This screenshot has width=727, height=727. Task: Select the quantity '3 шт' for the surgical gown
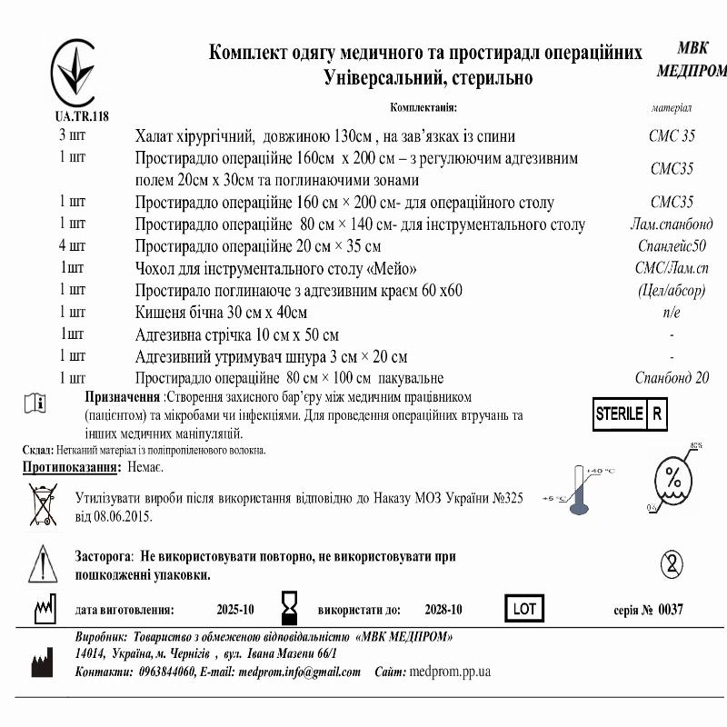(x=73, y=135)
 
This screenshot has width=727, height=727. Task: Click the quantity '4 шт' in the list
(x=73, y=245)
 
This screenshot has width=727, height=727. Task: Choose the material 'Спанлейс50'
(x=671, y=245)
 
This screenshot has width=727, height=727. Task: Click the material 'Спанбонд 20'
(x=672, y=378)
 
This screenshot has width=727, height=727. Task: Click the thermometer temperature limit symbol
(x=578, y=492)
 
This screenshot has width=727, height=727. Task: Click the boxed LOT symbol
(x=524, y=609)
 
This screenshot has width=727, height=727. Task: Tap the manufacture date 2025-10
(x=235, y=610)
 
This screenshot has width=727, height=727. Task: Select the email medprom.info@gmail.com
(x=299, y=672)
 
